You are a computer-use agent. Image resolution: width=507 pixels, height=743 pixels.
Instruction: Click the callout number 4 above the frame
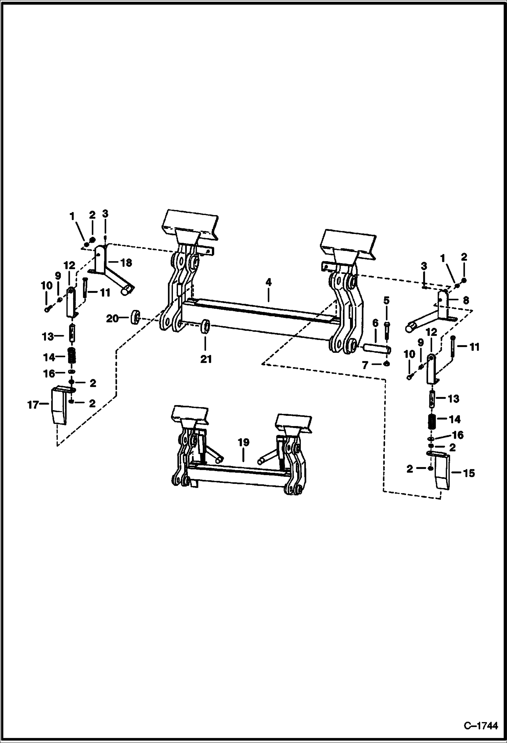(268, 282)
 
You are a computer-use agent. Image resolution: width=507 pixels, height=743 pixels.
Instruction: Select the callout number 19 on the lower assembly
(243, 442)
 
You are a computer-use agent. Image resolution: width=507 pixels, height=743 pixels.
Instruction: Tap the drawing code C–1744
(481, 726)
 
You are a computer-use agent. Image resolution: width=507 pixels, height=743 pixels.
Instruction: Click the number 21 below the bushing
(206, 359)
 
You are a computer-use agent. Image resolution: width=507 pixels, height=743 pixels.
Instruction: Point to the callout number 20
(113, 318)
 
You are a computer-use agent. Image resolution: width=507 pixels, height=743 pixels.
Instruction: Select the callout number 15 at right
(469, 473)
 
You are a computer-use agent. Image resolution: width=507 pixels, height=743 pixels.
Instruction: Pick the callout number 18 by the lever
(126, 262)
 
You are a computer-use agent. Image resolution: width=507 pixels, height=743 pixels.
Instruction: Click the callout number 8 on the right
(466, 300)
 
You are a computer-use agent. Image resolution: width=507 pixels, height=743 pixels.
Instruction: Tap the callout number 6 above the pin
(375, 323)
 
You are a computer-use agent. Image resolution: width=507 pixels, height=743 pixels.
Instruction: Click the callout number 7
(365, 365)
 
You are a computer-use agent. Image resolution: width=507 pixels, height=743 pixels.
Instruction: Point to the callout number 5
(386, 300)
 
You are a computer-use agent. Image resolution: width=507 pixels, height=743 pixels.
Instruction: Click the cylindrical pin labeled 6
(377, 348)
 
